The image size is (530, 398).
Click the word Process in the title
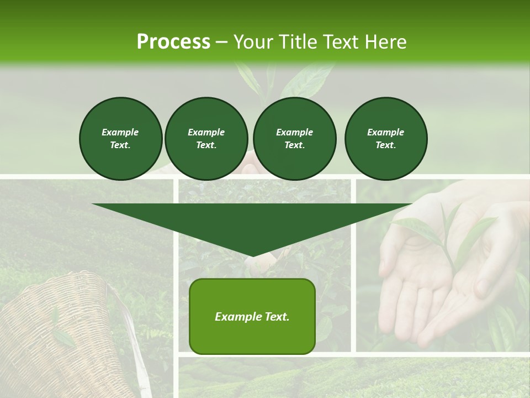pos(173,42)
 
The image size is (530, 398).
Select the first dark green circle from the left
pos(120,138)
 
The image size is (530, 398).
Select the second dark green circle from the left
pos(206,138)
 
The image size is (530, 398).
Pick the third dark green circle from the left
pos(294,138)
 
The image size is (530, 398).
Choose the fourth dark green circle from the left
pos(385,138)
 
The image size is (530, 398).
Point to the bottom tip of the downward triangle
pos(252,255)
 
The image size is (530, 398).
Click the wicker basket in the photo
pos(61,337)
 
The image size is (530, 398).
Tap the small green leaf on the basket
pos(63,337)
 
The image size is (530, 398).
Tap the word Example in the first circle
pos(120,132)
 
